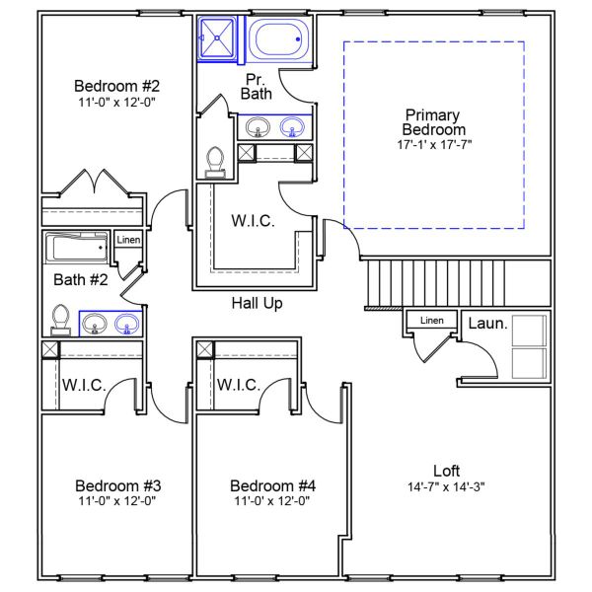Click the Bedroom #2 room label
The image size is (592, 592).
click(116, 85)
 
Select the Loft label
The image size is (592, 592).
click(446, 471)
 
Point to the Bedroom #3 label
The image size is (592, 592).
click(117, 485)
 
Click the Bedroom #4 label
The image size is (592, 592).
click(272, 485)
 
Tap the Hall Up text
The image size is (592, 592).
click(257, 303)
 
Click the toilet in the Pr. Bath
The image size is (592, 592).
click(216, 162)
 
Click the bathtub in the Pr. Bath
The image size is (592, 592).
click(279, 41)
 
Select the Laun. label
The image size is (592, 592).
click(486, 323)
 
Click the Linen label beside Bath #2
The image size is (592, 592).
click(127, 240)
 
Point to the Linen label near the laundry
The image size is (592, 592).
click(431, 321)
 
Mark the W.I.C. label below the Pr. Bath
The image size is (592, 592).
click(253, 221)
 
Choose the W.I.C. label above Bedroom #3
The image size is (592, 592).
click(85, 384)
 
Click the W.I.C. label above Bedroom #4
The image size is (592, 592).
click(238, 384)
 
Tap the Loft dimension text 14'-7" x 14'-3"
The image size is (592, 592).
click(446, 486)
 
